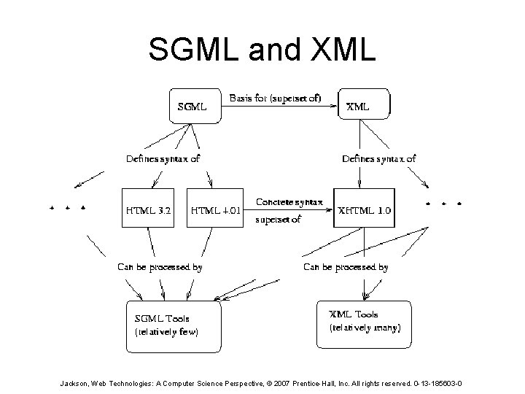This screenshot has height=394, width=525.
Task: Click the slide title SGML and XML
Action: click(x=262, y=50)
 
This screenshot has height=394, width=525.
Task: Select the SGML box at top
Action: click(x=194, y=106)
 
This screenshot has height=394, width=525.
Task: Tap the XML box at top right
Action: click(x=364, y=106)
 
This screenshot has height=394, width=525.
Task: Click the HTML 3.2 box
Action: click(x=149, y=209)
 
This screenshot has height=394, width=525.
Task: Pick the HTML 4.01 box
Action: click(x=216, y=209)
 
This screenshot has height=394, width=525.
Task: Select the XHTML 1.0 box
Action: click(x=365, y=209)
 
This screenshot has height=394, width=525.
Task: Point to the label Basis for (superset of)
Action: click(x=275, y=98)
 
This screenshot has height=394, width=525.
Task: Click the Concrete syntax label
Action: click(x=289, y=201)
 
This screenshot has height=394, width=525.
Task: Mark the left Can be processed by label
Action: click(x=160, y=267)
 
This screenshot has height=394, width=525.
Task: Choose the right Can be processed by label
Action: click(x=346, y=267)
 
